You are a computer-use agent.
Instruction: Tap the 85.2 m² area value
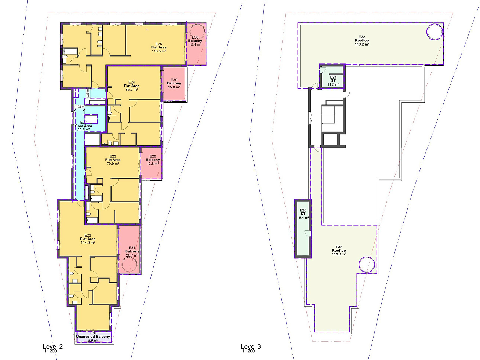132,90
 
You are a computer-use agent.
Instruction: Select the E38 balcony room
196,44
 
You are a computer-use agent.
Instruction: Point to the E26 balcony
151,163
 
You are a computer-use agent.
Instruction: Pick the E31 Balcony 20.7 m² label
132,251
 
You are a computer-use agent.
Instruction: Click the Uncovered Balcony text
93,337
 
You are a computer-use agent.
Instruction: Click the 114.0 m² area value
88,243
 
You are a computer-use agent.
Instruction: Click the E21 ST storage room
332,76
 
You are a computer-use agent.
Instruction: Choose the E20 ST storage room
303,229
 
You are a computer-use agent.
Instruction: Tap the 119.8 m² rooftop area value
339,254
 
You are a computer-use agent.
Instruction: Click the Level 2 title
53,346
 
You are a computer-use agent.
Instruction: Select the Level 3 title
251,346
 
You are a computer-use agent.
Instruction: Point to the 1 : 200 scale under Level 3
248,351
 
